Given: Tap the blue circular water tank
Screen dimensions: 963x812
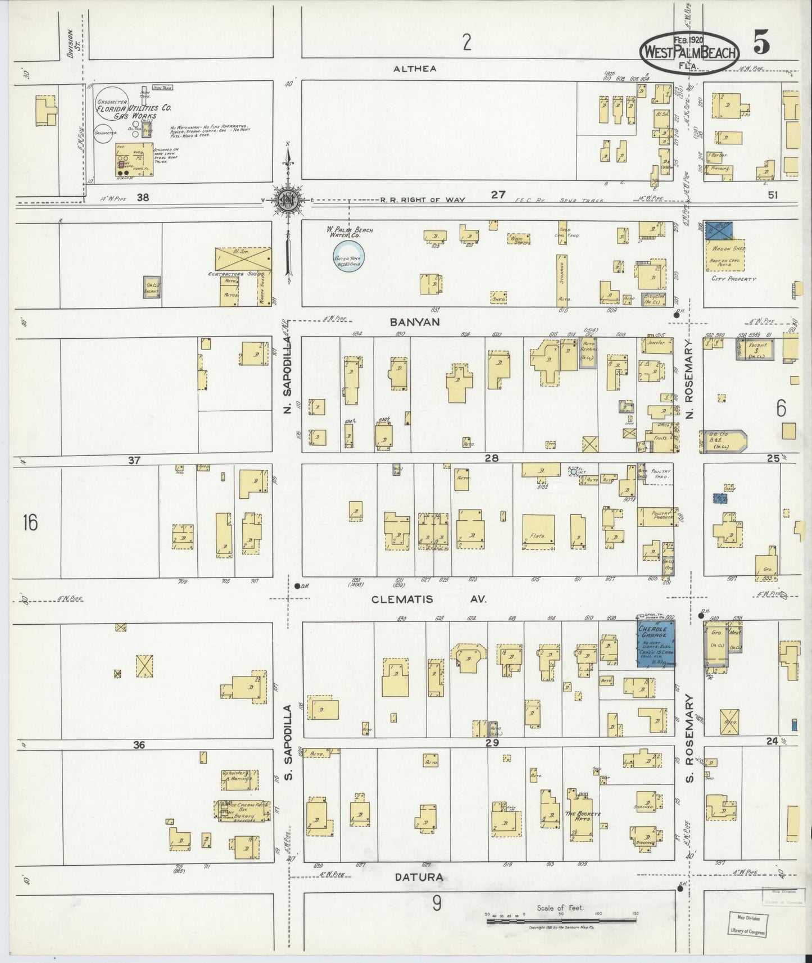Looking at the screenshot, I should coord(349,258).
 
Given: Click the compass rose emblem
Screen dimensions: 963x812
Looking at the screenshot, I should coord(288,199).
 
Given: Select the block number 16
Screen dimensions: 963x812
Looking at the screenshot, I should coord(30,523).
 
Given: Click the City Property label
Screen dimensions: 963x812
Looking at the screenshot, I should coord(733,279).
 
